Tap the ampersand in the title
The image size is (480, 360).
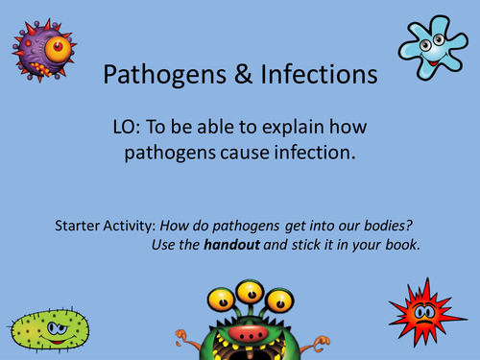point(235,75)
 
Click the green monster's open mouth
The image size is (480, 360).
point(250,340)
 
